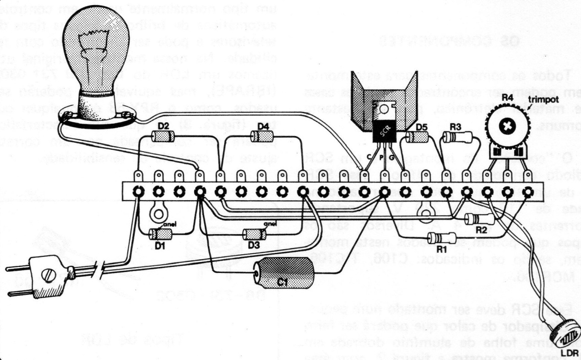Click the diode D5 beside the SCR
[417, 136]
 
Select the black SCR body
[384, 130]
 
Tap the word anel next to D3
[270, 224]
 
